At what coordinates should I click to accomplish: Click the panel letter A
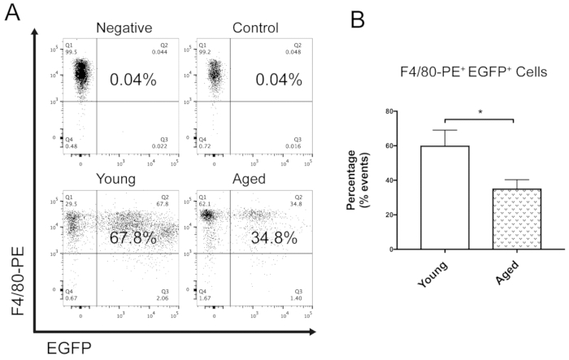coord(13,14)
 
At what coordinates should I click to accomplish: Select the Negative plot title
coord(124,28)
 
